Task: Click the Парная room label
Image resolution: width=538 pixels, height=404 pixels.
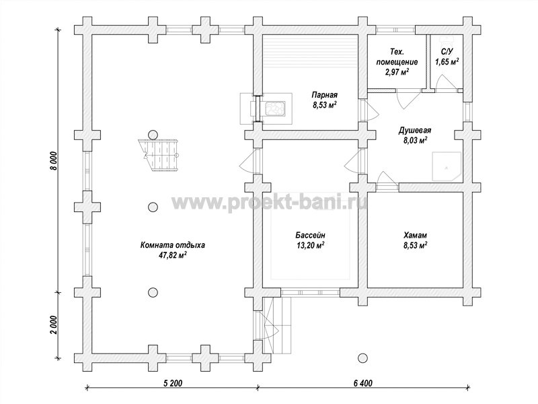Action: pyautogui.click(x=324, y=95)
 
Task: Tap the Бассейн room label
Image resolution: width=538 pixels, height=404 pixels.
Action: pyautogui.click(x=310, y=235)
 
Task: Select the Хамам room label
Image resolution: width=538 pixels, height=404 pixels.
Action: pyautogui.click(x=415, y=235)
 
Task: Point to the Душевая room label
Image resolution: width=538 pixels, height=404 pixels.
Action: pyautogui.click(x=415, y=131)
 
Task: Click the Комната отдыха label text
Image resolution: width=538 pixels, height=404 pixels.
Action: pyautogui.click(x=173, y=245)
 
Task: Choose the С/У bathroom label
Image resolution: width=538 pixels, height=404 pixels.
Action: pyautogui.click(x=447, y=52)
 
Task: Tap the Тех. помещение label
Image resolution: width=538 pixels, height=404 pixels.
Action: pyautogui.click(x=397, y=57)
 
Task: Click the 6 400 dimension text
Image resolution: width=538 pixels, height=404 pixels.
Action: pyautogui.click(x=362, y=383)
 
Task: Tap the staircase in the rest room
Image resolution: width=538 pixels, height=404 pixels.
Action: pyautogui.click(x=159, y=155)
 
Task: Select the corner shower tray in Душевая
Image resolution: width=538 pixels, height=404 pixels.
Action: pyautogui.click(x=447, y=166)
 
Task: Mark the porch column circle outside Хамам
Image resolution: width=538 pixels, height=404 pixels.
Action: pyautogui.click(x=362, y=358)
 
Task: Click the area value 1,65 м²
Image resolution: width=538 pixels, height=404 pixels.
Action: pyautogui.click(x=447, y=62)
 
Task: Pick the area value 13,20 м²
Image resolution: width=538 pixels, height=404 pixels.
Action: pyautogui.click(x=310, y=245)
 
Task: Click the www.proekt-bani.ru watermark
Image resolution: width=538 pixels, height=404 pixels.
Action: pyautogui.click(x=270, y=202)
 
